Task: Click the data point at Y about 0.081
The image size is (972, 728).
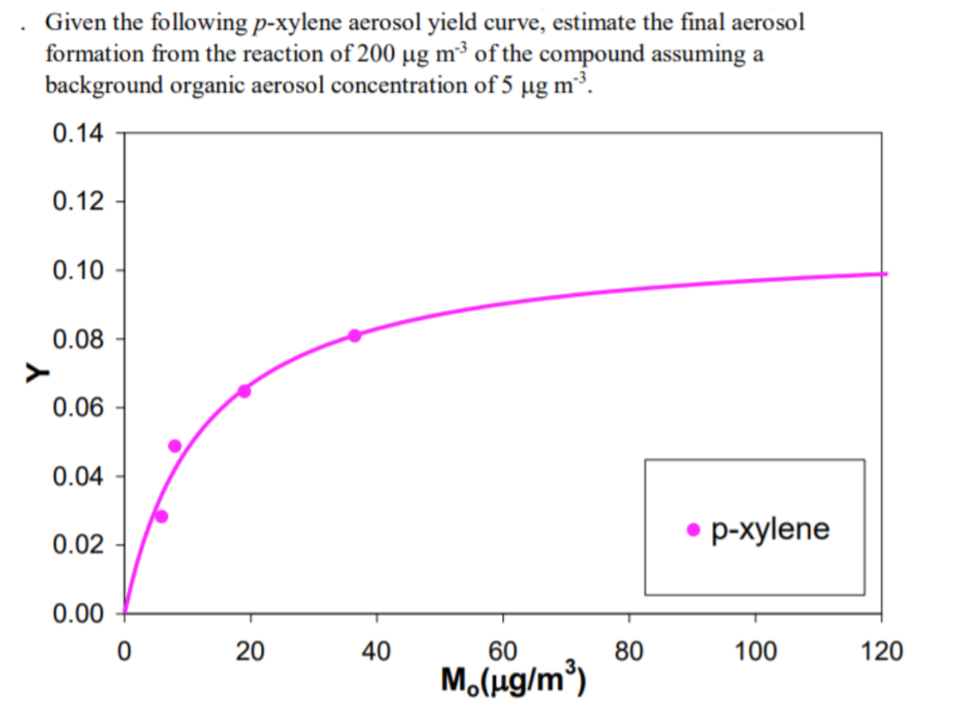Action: pyautogui.click(x=354, y=335)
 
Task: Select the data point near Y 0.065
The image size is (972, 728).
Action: pyautogui.click(x=244, y=391)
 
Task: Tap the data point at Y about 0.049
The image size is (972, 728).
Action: pyautogui.click(x=175, y=446)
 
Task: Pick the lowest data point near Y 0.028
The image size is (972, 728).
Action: pyautogui.click(x=161, y=516)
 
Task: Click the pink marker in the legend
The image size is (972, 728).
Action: pyautogui.click(x=693, y=530)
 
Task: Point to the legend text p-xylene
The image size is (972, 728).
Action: pyautogui.click(x=770, y=530)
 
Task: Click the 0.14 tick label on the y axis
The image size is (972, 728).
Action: pyautogui.click(x=78, y=133)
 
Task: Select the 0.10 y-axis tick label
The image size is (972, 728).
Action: pyautogui.click(x=78, y=271)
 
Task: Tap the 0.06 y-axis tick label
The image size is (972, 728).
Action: pyautogui.click(x=78, y=408)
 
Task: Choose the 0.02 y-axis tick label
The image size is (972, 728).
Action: pyautogui.click(x=78, y=546)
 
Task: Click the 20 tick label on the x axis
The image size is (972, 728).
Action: pyautogui.click(x=251, y=652)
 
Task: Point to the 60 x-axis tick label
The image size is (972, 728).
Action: pyautogui.click(x=503, y=652)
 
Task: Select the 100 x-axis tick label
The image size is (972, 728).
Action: pyautogui.click(x=756, y=652)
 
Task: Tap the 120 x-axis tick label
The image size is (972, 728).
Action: pyautogui.click(x=882, y=652)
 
